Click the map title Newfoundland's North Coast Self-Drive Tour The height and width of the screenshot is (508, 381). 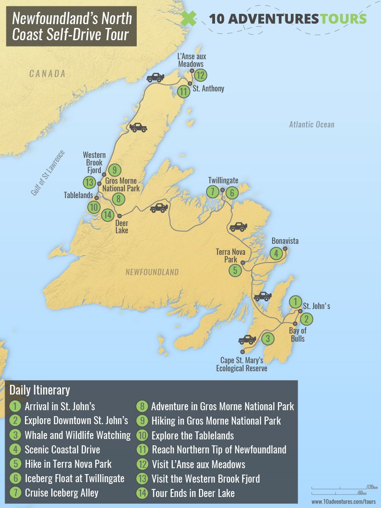tap(71, 26)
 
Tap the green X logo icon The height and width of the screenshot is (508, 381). tap(189, 19)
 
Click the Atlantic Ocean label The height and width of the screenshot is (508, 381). tap(312, 124)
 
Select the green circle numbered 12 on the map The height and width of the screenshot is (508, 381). tap(200, 75)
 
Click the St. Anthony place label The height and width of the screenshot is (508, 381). tap(208, 89)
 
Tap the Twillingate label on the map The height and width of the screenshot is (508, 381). tap(223, 181)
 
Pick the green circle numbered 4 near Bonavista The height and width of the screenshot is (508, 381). tap(276, 254)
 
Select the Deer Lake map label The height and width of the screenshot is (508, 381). tap(121, 227)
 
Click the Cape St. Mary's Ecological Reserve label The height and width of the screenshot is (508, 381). tap(242, 364)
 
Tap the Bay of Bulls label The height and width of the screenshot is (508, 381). tap(298, 334)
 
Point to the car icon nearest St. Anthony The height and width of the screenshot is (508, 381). tap(155, 77)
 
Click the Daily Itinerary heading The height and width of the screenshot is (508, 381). tap(40, 390)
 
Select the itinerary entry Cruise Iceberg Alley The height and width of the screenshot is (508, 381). tap(61, 493)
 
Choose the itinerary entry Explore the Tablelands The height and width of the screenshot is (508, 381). tap(192, 435)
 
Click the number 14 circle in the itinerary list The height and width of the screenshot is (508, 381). tap(142, 493)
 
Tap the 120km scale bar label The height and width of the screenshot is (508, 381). tap(372, 487)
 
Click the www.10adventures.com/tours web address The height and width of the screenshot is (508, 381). tap(343, 502)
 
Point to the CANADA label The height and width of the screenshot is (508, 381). tap(47, 74)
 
